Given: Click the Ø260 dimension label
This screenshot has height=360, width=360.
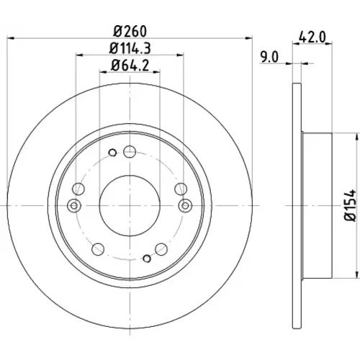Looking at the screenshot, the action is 130,32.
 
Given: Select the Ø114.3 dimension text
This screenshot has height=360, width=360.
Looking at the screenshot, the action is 130,48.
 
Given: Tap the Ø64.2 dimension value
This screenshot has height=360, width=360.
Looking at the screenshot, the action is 130,66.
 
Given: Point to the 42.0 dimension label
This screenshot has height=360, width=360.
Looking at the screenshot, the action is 312,37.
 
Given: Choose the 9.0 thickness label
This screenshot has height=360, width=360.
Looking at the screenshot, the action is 269,58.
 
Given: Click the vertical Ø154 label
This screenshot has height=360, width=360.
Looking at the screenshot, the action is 350,205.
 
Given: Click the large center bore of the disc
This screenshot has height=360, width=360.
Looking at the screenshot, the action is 130,206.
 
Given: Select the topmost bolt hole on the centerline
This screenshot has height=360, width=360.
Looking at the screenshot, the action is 130,152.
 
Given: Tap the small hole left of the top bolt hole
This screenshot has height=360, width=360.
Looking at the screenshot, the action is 112,153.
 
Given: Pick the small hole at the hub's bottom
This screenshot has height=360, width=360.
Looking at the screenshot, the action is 147,258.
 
